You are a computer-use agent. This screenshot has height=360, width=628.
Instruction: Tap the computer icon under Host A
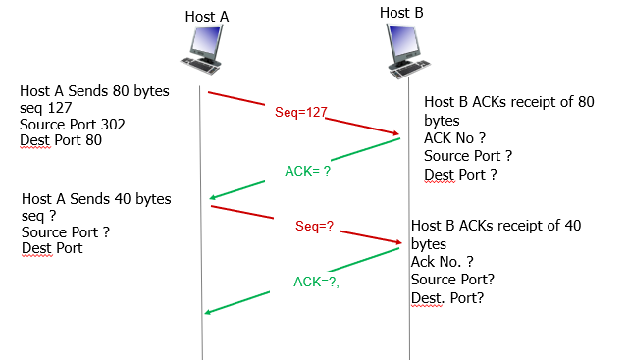207,50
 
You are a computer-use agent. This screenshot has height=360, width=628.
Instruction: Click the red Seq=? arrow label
314,226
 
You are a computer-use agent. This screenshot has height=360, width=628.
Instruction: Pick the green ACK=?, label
317,282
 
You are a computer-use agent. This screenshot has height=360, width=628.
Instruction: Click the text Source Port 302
73,125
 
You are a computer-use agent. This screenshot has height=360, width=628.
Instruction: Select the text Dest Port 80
61,141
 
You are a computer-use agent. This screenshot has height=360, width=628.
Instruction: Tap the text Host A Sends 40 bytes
96,199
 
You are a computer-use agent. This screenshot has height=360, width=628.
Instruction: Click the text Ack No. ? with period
443,262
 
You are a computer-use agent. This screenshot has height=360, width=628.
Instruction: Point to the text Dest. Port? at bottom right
447,298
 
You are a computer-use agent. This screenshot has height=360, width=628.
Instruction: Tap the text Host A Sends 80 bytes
94,91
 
